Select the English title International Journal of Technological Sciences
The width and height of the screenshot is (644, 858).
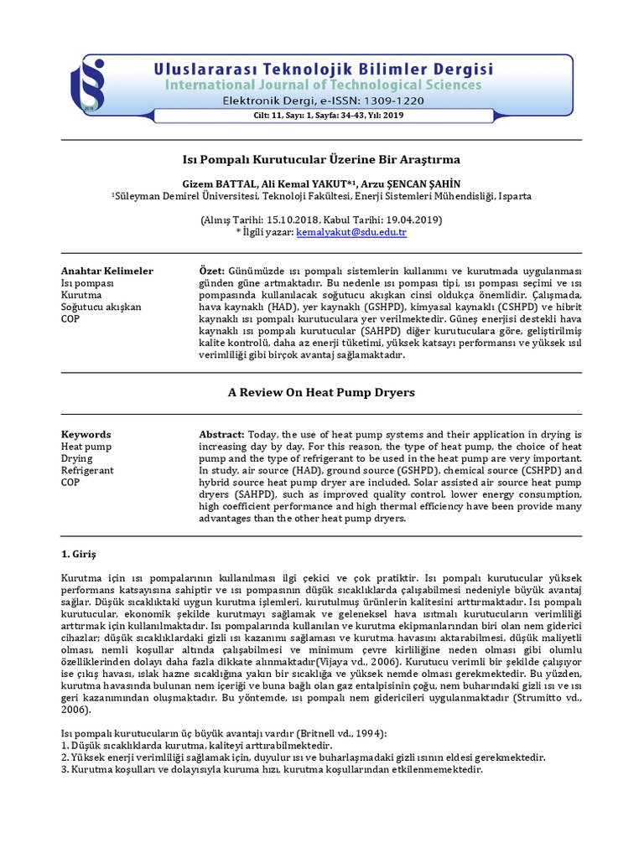click(322, 85)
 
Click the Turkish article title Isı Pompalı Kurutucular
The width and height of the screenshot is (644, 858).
click(322, 158)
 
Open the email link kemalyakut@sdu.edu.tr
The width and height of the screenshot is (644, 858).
click(351, 232)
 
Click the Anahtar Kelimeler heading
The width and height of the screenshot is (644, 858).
click(107, 271)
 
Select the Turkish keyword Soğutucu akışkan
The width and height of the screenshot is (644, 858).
click(101, 307)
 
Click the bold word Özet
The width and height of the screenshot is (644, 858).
click(211, 271)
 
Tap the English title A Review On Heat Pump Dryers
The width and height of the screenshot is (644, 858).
click(322, 392)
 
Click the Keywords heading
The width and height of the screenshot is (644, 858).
click(86, 435)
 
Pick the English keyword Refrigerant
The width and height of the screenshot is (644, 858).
click(88, 470)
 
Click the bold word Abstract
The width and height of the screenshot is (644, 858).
click(221, 435)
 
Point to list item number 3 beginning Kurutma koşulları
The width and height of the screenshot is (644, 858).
click(272, 769)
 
